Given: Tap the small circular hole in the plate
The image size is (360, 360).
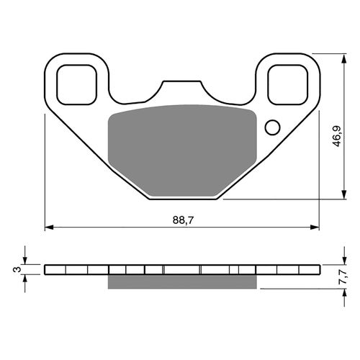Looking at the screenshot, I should (x=272, y=127).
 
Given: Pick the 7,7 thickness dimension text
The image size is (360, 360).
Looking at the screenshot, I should (x=344, y=276).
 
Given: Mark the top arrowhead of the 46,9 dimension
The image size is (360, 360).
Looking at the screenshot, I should (x=339, y=57).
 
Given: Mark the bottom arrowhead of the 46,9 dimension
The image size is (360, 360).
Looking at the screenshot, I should (x=339, y=196).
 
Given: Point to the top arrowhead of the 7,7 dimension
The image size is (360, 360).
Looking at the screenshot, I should (x=339, y=261).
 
